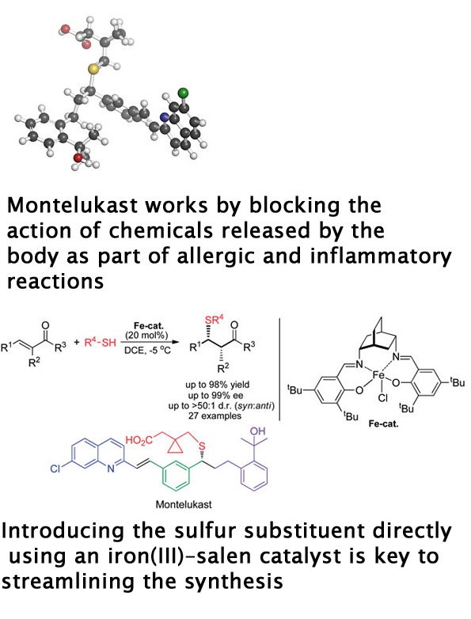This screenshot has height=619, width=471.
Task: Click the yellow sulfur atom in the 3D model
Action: click(x=93, y=70)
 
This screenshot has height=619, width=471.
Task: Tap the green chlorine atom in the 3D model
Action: click(x=183, y=93)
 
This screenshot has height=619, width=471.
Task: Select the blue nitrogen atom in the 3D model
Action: click(x=165, y=117)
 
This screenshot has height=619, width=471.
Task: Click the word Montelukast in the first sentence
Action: click(x=73, y=205)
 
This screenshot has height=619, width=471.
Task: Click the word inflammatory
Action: click(x=381, y=256)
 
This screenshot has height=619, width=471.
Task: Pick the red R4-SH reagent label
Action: click(x=101, y=342)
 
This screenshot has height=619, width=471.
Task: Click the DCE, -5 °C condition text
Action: click(x=147, y=350)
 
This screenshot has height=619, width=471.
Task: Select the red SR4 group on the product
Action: click(x=214, y=320)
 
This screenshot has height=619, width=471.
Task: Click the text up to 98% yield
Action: click(x=217, y=385)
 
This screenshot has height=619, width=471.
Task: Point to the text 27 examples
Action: click(x=215, y=416)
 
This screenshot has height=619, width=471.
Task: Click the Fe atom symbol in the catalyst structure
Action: click(x=379, y=375)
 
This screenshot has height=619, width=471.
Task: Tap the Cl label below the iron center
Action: click(x=382, y=398)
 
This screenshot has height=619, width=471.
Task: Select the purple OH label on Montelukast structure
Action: click(x=258, y=431)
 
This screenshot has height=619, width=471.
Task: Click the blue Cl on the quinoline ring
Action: click(x=55, y=469)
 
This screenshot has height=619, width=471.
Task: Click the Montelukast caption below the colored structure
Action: click(x=184, y=504)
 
